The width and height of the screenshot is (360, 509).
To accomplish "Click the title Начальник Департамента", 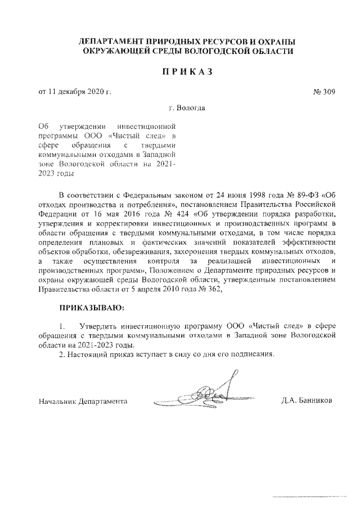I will click(82, 401).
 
